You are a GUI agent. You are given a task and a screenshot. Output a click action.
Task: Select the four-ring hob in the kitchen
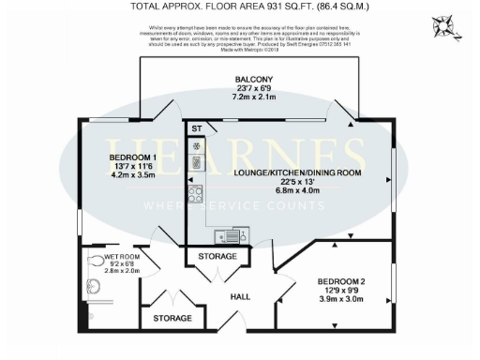(197, 196)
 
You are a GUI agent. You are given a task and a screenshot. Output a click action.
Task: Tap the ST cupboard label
(196, 128)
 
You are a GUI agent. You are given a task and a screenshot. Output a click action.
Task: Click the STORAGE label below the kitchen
(217, 256)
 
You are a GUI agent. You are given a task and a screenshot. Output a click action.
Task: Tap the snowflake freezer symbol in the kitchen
(196, 146)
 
